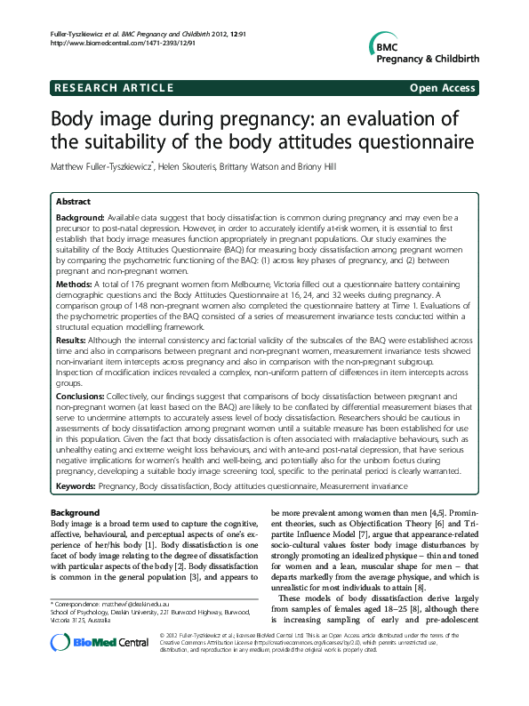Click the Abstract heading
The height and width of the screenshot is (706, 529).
click(x=73, y=202)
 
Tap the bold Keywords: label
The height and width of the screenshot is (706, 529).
click(x=84, y=488)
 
